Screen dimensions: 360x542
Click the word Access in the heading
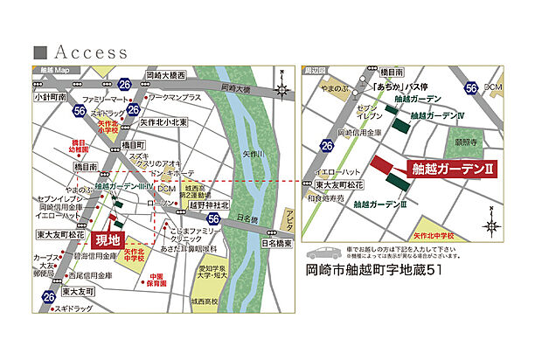(x=91, y=52)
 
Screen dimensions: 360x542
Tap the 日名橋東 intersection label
(x=276, y=243)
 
